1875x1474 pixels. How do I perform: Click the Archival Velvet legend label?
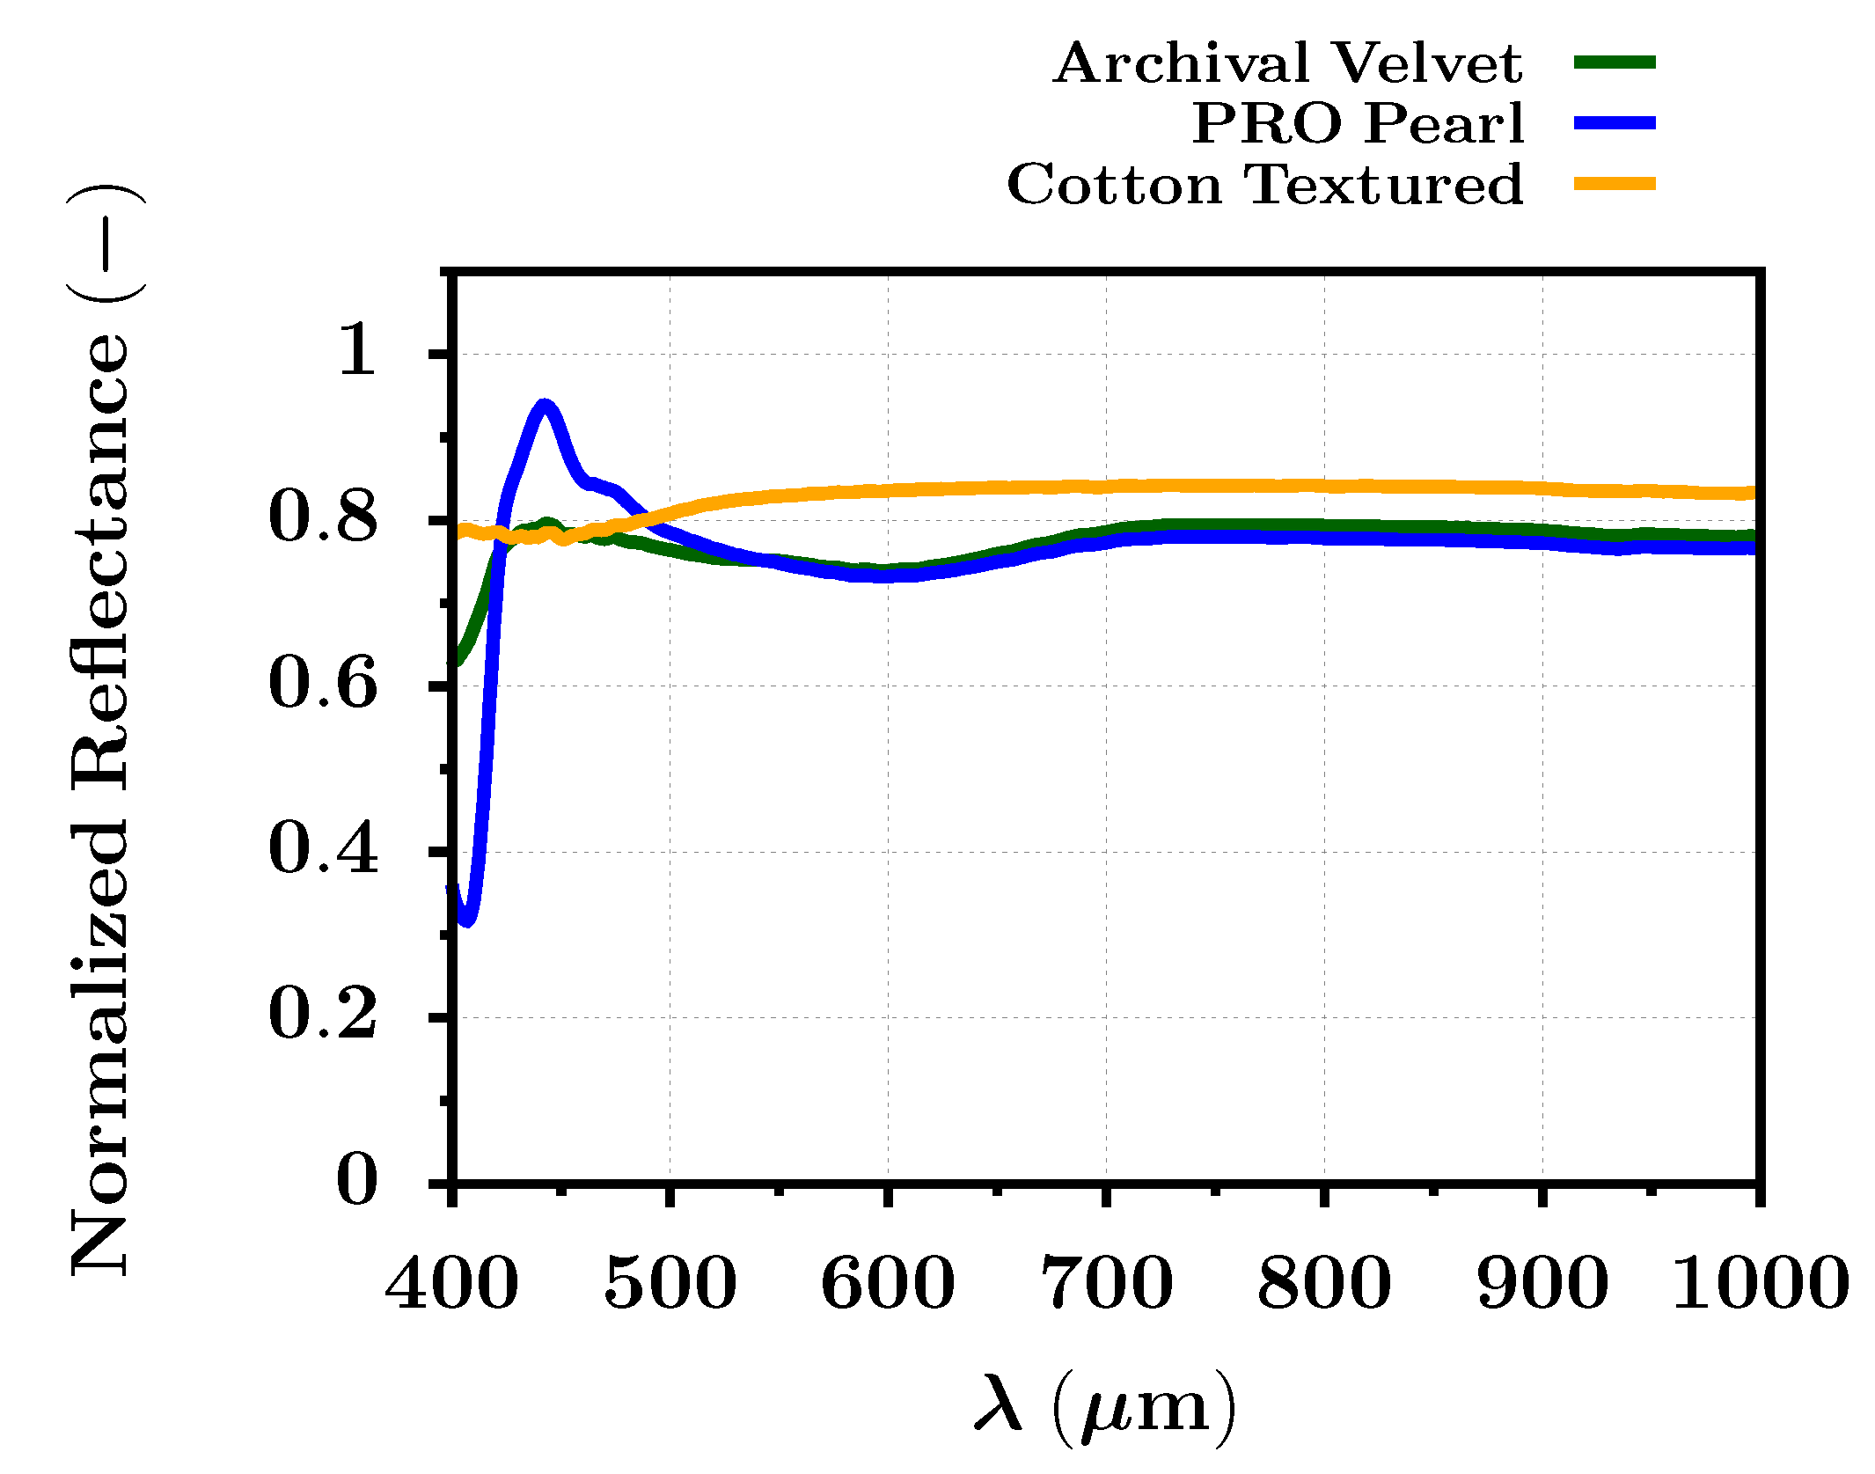coord(1287,63)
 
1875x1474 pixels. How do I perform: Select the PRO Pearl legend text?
coord(1358,123)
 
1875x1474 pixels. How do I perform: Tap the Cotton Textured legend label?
coord(1264,184)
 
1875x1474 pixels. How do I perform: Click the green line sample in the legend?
coord(1615,62)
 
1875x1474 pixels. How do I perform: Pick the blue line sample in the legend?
coord(1615,123)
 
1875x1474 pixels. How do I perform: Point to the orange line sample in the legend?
coord(1615,184)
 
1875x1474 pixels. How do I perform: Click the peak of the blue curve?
coord(545,406)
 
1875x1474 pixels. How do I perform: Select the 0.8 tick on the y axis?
coord(323,517)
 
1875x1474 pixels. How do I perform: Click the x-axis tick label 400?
coord(451,1284)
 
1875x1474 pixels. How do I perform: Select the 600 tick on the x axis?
coord(887,1284)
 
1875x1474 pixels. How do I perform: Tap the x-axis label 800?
coord(1323,1284)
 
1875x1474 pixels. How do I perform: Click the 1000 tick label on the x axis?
coord(1759,1284)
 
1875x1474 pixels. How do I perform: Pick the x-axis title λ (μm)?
coord(1105,1406)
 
